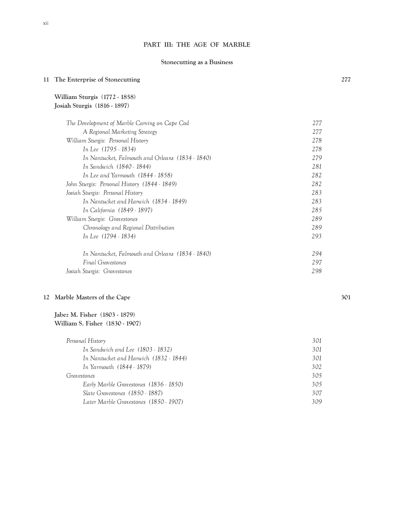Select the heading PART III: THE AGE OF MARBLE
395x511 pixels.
pos(197,45)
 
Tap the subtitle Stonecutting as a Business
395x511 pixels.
pos(197,62)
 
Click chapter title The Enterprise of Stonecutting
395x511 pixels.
pos(97,79)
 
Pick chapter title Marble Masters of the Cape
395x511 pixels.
pos(92,297)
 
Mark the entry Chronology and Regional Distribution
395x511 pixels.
pos(128,228)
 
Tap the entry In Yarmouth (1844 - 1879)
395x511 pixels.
pos(117,367)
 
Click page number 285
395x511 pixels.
pos(317,210)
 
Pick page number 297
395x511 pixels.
pos(317,262)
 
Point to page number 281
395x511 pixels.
pos(317,167)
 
